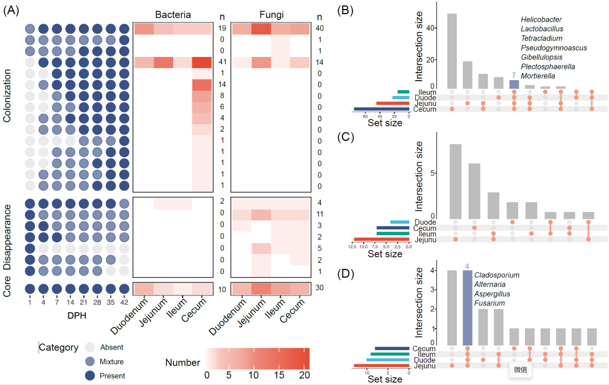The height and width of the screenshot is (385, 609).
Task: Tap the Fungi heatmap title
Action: [270, 14]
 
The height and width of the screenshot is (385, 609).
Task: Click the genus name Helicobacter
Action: [541, 20]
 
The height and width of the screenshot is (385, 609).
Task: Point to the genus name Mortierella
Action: [539, 76]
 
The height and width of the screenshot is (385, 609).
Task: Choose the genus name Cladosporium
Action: [497, 275]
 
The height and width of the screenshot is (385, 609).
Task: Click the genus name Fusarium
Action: [489, 303]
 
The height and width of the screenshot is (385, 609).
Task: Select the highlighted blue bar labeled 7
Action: [514, 84]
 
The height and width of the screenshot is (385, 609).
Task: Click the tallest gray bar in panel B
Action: [452, 51]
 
